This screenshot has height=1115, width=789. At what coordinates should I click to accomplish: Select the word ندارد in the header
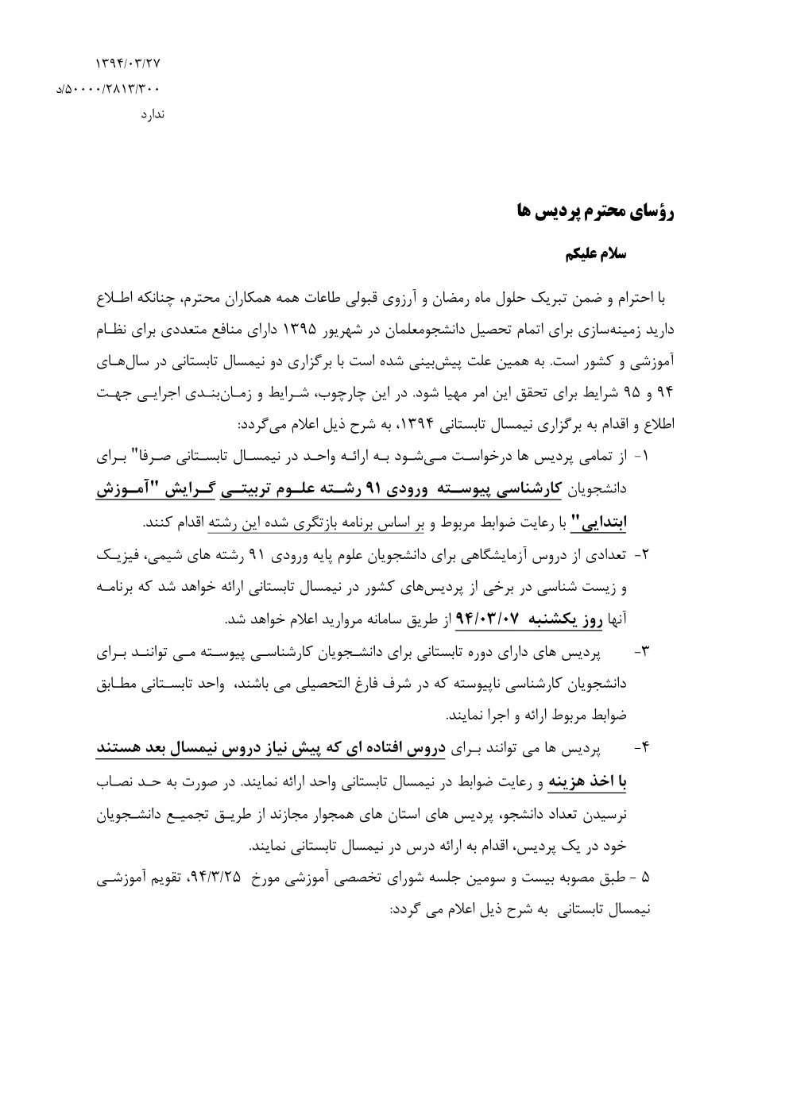point(152,114)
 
